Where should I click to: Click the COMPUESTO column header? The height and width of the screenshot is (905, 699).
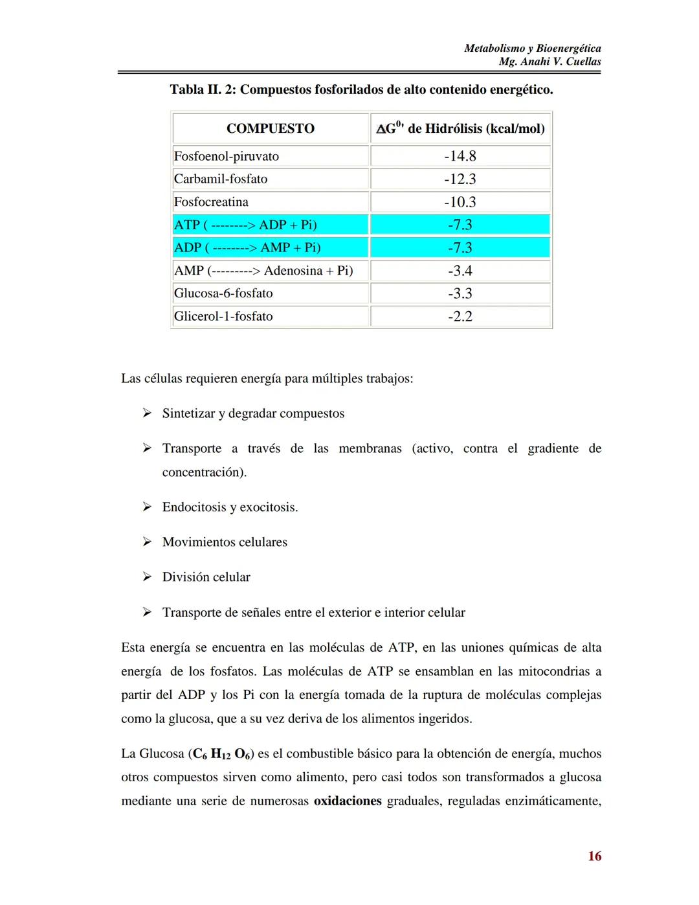(x=271, y=128)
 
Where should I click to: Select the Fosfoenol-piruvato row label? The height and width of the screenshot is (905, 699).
(x=227, y=156)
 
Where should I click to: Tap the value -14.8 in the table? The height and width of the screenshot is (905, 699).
(x=460, y=156)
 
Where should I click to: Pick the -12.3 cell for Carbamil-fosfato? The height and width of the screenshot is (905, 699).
(x=460, y=179)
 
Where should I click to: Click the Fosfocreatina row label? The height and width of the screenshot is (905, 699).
(x=211, y=202)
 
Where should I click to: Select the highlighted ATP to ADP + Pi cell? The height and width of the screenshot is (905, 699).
(x=245, y=225)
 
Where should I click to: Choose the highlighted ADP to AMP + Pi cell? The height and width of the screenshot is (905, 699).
(x=247, y=247)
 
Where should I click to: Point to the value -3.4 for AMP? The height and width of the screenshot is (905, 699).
(x=460, y=271)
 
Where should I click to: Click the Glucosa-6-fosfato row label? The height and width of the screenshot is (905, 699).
(x=223, y=293)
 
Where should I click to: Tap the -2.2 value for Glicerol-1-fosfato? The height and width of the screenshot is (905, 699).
(x=460, y=316)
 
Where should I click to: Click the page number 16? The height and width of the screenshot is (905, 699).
(x=594, y=856)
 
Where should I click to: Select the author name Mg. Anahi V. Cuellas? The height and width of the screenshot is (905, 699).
(x=550, y=62)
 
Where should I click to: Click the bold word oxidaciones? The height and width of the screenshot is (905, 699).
(x=348, y=801)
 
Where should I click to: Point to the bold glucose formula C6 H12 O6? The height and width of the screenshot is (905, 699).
(x=221, y=754)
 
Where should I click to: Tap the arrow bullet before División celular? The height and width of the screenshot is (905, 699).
(x=147, y=577)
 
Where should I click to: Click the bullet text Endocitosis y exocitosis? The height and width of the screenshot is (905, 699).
(x=230, y=507)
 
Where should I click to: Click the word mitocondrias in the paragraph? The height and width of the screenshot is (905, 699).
(x=553, y=671)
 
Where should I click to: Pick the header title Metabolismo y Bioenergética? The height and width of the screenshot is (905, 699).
(x=533, y=48)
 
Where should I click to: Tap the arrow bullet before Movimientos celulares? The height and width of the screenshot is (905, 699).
(x=147, y=542)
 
